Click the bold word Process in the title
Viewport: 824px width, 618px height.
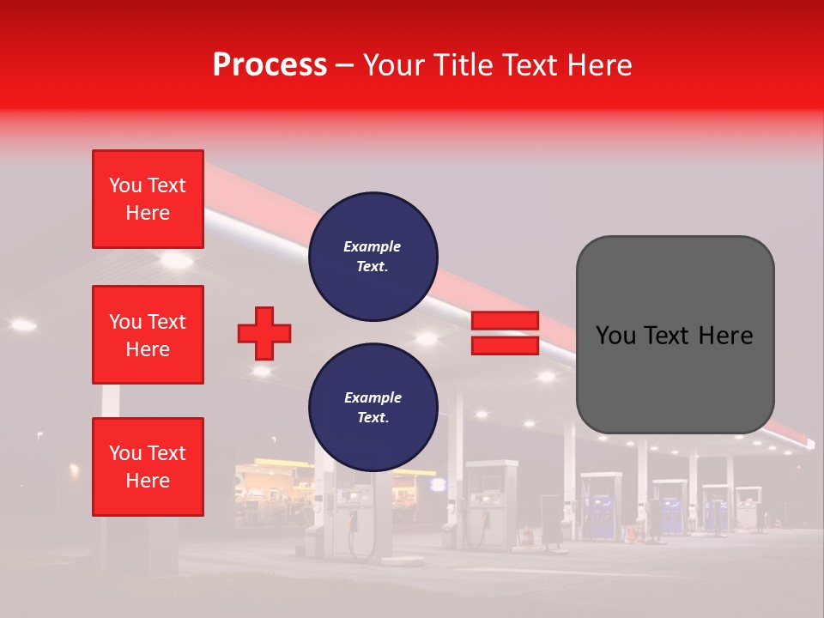pyautogui.click(x=270, y=65)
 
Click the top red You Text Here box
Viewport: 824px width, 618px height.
pyautogui.click(x=148, y=199)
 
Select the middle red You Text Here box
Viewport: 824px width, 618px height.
pyautogui.click(x=148, y=335)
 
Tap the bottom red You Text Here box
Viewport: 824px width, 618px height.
pyautogui.click(x=148, y=467)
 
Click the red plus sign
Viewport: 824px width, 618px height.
pyautogui.click(x=264, y=333)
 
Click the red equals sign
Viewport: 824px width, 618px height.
pyautogui.click(x=505, y=333)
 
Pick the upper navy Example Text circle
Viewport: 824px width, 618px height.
pyautogui.click(x=373, y=257)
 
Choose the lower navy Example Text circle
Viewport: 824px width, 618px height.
pyautogui.click(x=373, y=408)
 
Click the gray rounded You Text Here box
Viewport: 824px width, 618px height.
pyautogui.click(x=675, y=335)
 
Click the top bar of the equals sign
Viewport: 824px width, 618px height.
pyautogui.click(x=505, y=321)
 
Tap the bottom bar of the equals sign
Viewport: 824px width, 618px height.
pyautogui.click(x=505, y=345)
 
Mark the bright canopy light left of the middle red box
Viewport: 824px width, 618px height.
pyautogui.click(x=23, y=324)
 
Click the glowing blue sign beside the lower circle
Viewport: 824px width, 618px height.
pyautogui.click(x=439, y=485)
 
